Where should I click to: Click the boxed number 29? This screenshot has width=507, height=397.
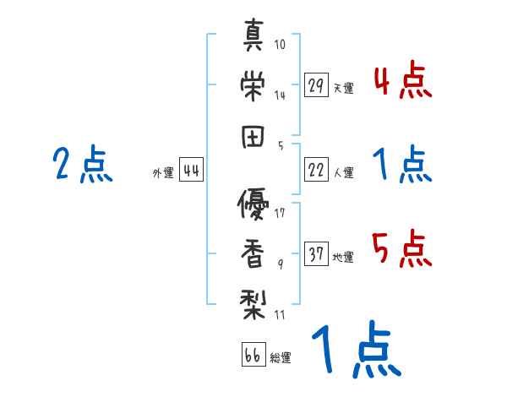pyautogui.click(x=316, y=86)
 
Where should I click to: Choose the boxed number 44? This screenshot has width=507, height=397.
pyautogui.click(x=191, y=171)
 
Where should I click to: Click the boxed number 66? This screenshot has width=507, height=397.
pyautogui.click(x=253, y=355)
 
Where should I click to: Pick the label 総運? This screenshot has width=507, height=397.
pyautogui.click(x=280, y=357)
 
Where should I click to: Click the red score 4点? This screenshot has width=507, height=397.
pyautogui.click(x=402, y=83)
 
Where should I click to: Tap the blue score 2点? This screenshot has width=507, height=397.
pyautogui.click(x=82, y=165)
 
